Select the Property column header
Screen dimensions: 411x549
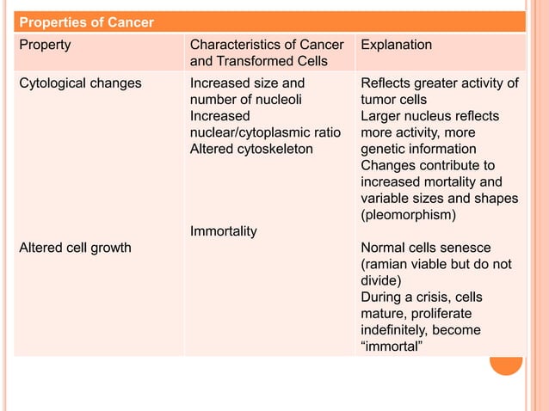click(x=46, y=45)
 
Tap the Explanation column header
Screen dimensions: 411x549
click(x=397, y=45)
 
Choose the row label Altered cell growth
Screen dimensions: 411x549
click(x=76, y=248)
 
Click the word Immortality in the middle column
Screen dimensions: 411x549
click(x=223, y=231)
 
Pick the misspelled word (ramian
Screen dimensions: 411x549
click(x=388, y=264)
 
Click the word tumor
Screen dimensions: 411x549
click(x=379, y=100)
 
